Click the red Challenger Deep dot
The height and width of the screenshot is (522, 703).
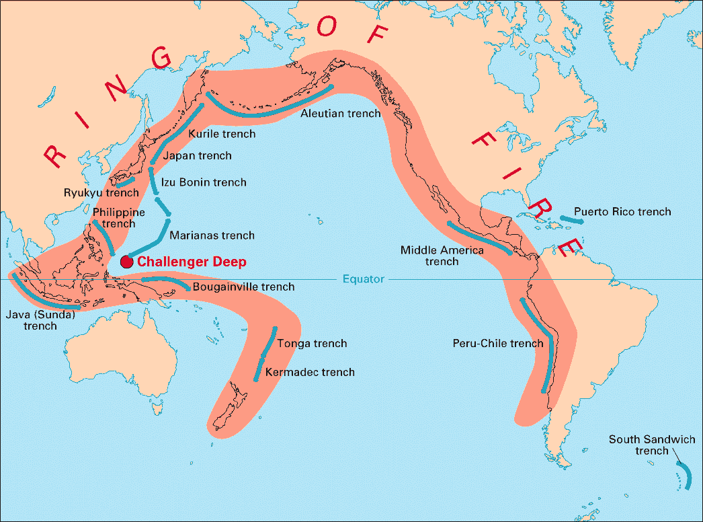126,262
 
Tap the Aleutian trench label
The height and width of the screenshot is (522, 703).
340,113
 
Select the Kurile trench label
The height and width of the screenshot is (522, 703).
222,134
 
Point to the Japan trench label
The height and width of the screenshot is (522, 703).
198,155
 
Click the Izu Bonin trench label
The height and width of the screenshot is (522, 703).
204,182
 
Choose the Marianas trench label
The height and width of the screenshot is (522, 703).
212,235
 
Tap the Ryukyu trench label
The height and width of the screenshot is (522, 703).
101,192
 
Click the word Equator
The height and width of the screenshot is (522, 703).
363,279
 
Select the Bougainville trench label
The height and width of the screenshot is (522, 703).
243,287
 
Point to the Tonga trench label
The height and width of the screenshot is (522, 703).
312,343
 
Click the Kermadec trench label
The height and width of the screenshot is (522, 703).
310,372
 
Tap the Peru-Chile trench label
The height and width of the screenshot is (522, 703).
497,343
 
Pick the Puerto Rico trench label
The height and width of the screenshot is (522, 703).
622,212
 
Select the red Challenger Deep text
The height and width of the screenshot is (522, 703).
192,262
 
